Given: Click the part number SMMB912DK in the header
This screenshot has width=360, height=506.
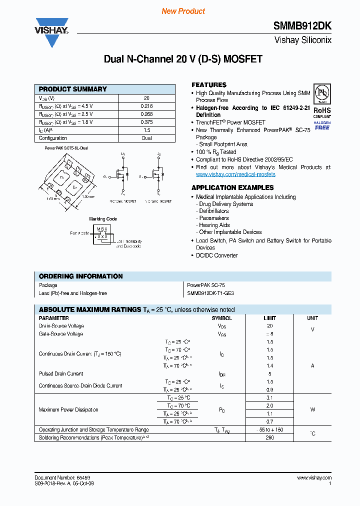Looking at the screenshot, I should (302, 27).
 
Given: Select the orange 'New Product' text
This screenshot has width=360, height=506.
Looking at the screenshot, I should (183, 11).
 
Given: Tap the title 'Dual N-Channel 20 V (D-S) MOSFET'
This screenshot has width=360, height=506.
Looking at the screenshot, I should (183, 59).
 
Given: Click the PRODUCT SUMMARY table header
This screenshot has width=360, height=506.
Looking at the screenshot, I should (73, 89).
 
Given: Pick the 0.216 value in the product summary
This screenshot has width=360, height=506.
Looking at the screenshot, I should (146, 106).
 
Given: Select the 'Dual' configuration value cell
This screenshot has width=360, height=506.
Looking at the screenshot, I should (146, 138).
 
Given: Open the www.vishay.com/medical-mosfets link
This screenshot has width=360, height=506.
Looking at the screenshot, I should (235, 174).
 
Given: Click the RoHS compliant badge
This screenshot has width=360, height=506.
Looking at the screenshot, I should (322, 110).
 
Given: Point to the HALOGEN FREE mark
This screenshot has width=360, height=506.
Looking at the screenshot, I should (322, 125).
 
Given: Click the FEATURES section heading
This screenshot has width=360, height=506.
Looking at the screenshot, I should (209, 85).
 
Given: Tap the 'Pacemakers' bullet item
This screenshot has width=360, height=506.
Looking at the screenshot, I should (214, 218).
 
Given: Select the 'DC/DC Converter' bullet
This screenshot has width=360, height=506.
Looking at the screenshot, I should (216, 255).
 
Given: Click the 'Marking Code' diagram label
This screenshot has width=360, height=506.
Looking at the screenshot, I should (103, 219).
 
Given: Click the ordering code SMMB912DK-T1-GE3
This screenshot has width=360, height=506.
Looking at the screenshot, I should (210, 293).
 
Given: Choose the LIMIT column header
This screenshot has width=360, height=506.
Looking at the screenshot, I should (270, 318).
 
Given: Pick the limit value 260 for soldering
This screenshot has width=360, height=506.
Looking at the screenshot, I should (270, 438).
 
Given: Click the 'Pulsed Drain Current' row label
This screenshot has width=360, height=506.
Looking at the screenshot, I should (61, 374).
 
